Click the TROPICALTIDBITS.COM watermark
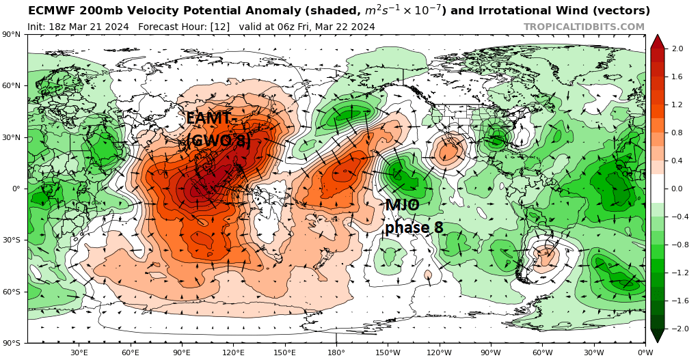tap(584, 27)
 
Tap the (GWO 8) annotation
tap(218, 141)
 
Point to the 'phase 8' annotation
tap(414, 227)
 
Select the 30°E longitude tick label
tap(79, 352)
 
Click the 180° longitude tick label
tap(336, 352)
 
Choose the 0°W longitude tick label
tap(645, 352)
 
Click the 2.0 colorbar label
tap(677, 49)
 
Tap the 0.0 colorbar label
tap(677, 189)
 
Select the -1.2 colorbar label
tap(679, 273)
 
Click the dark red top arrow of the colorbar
tap(657, 41)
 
